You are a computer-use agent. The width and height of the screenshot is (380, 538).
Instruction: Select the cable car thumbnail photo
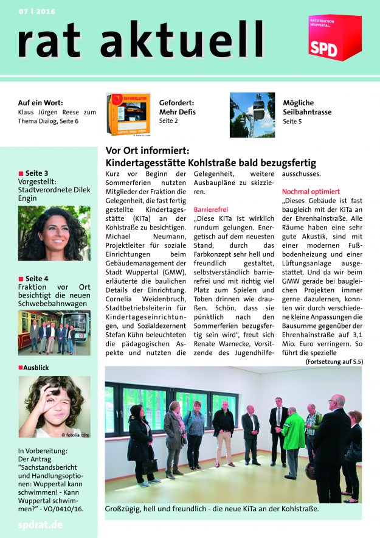(252, 114)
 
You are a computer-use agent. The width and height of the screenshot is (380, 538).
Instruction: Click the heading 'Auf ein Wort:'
(41, 103)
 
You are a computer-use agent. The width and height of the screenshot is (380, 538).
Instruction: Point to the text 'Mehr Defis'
(177, 112)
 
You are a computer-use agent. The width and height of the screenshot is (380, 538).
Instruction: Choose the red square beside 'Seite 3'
(21, 174)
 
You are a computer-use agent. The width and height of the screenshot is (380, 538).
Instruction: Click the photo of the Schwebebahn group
(54, 333)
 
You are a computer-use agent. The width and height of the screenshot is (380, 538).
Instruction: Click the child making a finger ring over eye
(54, 407)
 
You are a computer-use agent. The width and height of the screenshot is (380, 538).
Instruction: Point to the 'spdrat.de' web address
(41, 525)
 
